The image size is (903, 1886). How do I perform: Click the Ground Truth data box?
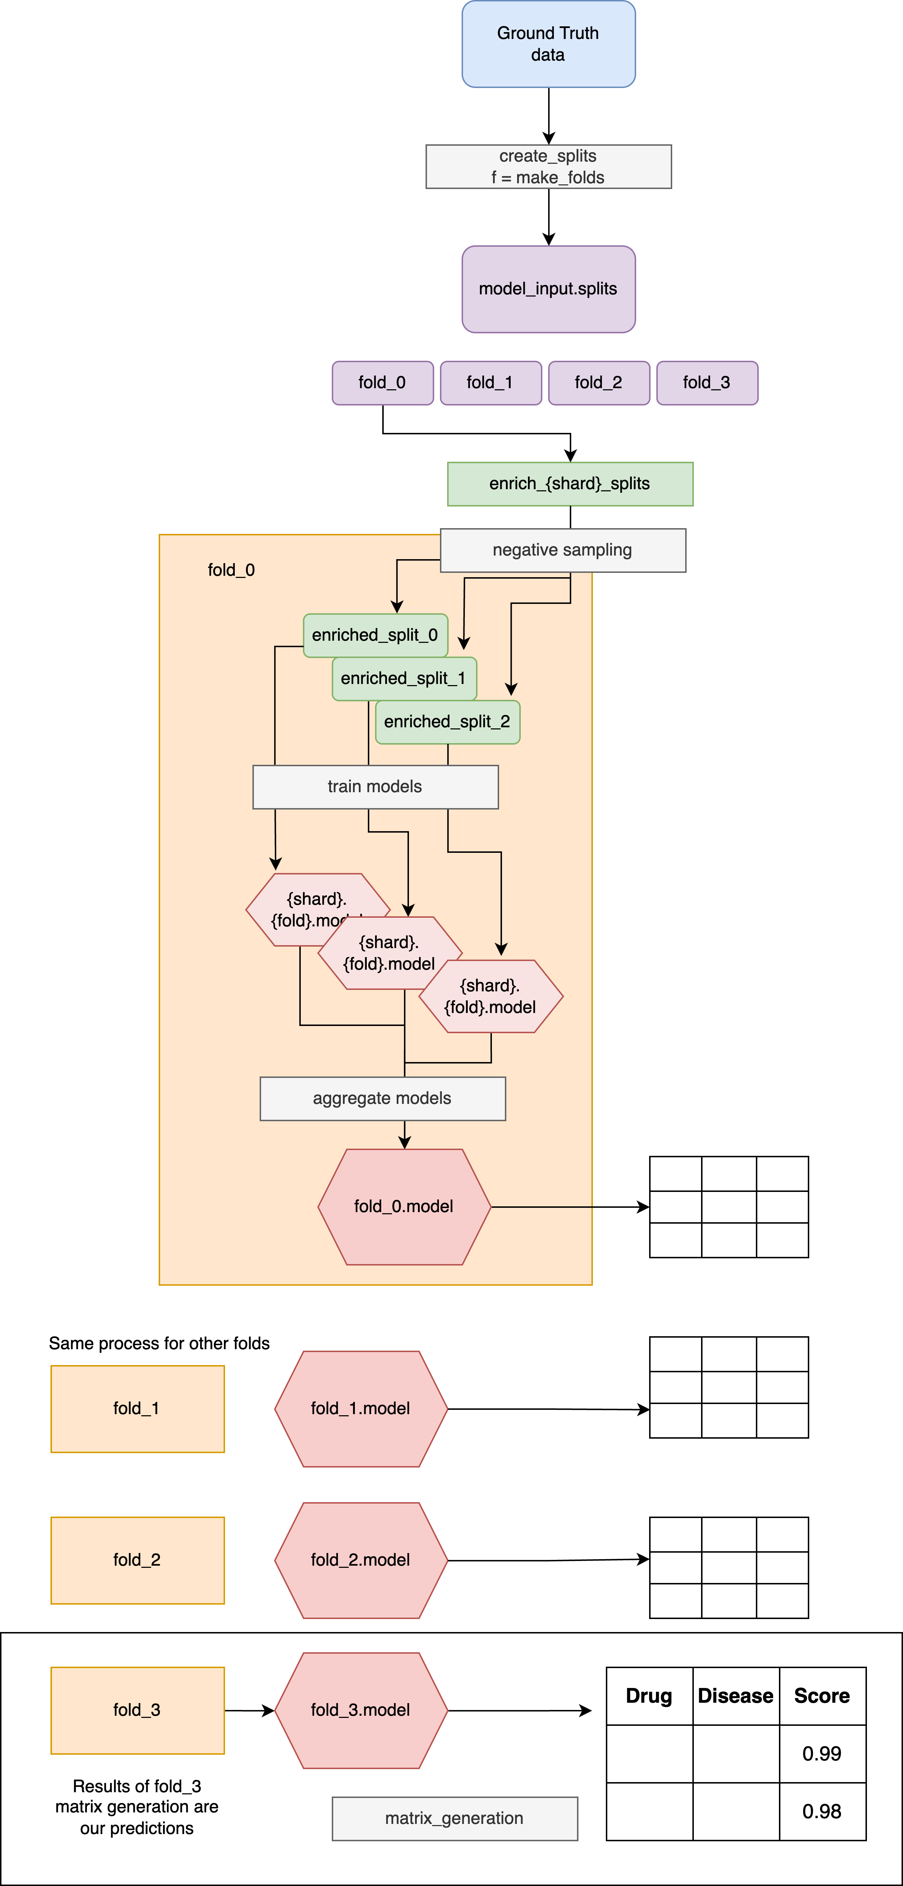click(548, 44)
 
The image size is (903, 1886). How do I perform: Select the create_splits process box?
click(548, 167)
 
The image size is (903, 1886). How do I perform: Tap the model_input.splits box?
click(548, 289)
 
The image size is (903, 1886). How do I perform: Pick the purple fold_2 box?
click(599, 383)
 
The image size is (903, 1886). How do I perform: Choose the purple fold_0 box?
click(382, 383)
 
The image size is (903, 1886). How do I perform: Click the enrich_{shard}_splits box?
click(570, 484)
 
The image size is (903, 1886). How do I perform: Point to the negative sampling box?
click(563, 551)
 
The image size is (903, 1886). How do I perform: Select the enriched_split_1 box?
click(403, 679)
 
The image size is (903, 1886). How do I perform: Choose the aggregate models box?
click(382, 1099)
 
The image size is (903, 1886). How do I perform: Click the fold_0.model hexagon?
click(404, 1207)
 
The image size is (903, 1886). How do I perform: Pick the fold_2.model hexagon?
click(361, 1560)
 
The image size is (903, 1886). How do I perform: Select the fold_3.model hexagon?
click(361, 1710)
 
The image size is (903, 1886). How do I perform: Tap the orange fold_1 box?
click(137, 1409)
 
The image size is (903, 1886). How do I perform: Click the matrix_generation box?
click(454, 1819)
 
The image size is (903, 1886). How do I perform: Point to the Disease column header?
click(735, 1696)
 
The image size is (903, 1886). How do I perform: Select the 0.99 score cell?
click(822, 1754)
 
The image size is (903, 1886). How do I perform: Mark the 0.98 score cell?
click(822, 1812)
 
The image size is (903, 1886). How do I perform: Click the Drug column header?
click(649, 1696)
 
